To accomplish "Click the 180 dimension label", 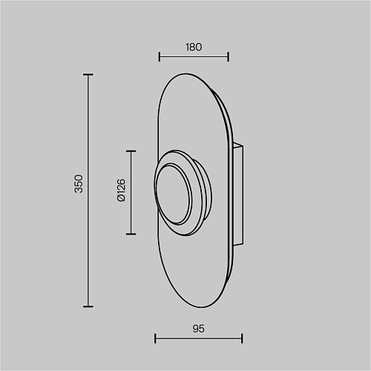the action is pos(194,47).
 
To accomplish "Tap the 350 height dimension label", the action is pos(79,184).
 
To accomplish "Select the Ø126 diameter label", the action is pos(122,190).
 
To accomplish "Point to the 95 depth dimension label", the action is pos(198,329).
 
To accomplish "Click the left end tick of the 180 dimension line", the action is pos(160,56).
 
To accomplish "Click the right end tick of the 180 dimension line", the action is pos(228,56).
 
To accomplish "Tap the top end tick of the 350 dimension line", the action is pos(88,74).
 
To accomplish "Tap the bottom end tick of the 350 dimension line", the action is pos(88,306).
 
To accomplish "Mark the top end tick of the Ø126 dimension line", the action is pos(131,151).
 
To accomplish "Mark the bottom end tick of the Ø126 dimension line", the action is pos(131,234).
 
